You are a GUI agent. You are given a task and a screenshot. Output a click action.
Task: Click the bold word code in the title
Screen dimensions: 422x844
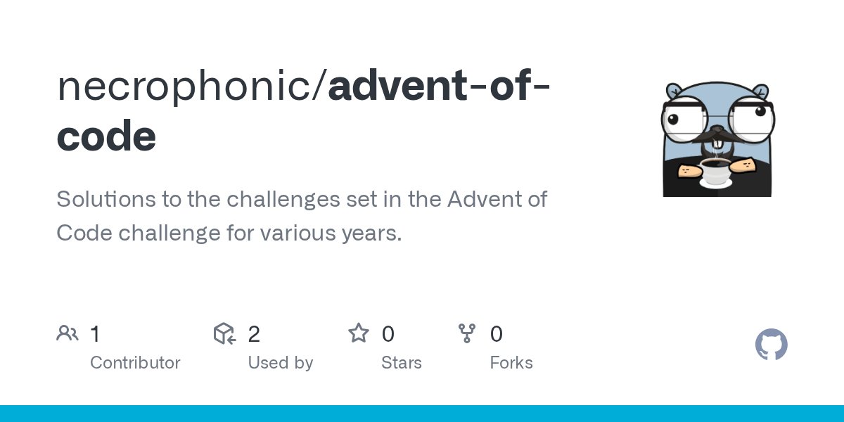coord(106,136)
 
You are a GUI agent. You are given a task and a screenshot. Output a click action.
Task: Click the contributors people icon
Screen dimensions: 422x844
coord(67,333)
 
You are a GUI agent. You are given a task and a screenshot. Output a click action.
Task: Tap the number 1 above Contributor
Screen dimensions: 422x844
coord(95,333)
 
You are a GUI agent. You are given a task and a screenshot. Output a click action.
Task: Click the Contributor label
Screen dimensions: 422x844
coord(135,363)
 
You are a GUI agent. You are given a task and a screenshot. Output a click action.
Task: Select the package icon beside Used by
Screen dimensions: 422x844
coord(224,333)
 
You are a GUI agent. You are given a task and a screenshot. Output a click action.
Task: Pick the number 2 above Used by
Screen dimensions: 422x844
coord(254,333)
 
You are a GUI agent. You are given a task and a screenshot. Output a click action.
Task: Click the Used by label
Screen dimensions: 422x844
coord(280,363)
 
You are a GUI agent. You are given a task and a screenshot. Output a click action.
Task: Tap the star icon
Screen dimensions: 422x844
coord(359,333)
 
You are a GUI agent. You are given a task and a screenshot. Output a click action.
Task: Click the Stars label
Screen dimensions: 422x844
coord(401,363)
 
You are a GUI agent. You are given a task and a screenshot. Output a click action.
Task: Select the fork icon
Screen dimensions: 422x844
coord(467,333)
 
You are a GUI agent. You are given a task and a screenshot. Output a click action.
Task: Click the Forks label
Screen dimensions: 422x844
coord(511,363)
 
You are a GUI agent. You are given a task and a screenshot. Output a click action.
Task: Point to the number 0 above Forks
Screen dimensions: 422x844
coord(497,333)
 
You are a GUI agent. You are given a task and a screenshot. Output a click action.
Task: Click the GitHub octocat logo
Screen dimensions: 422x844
coord(772,345)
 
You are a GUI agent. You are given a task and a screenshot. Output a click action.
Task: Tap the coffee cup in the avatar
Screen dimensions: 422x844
coord(716,171)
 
